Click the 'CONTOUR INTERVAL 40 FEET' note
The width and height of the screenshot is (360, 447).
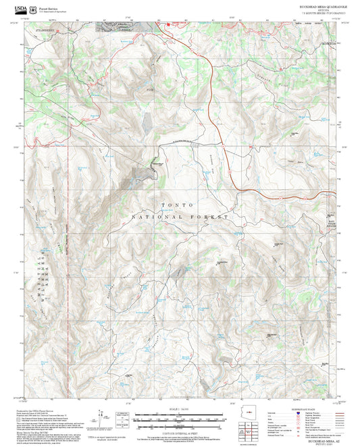[180, 426]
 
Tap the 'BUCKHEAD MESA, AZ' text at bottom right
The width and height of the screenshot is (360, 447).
[313, 439]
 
